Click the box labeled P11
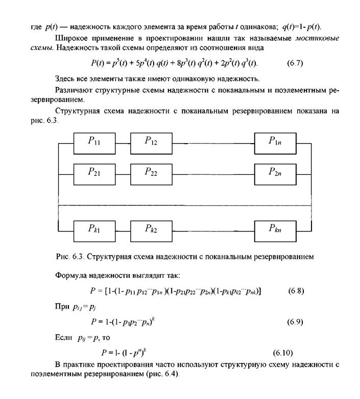tap(94, 142)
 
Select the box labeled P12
tap(151, 142)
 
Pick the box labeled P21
tap(94, 173)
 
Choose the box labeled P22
tap(151, 173)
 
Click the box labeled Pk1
tap(94, 229)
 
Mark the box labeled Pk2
tap(151, 229)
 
